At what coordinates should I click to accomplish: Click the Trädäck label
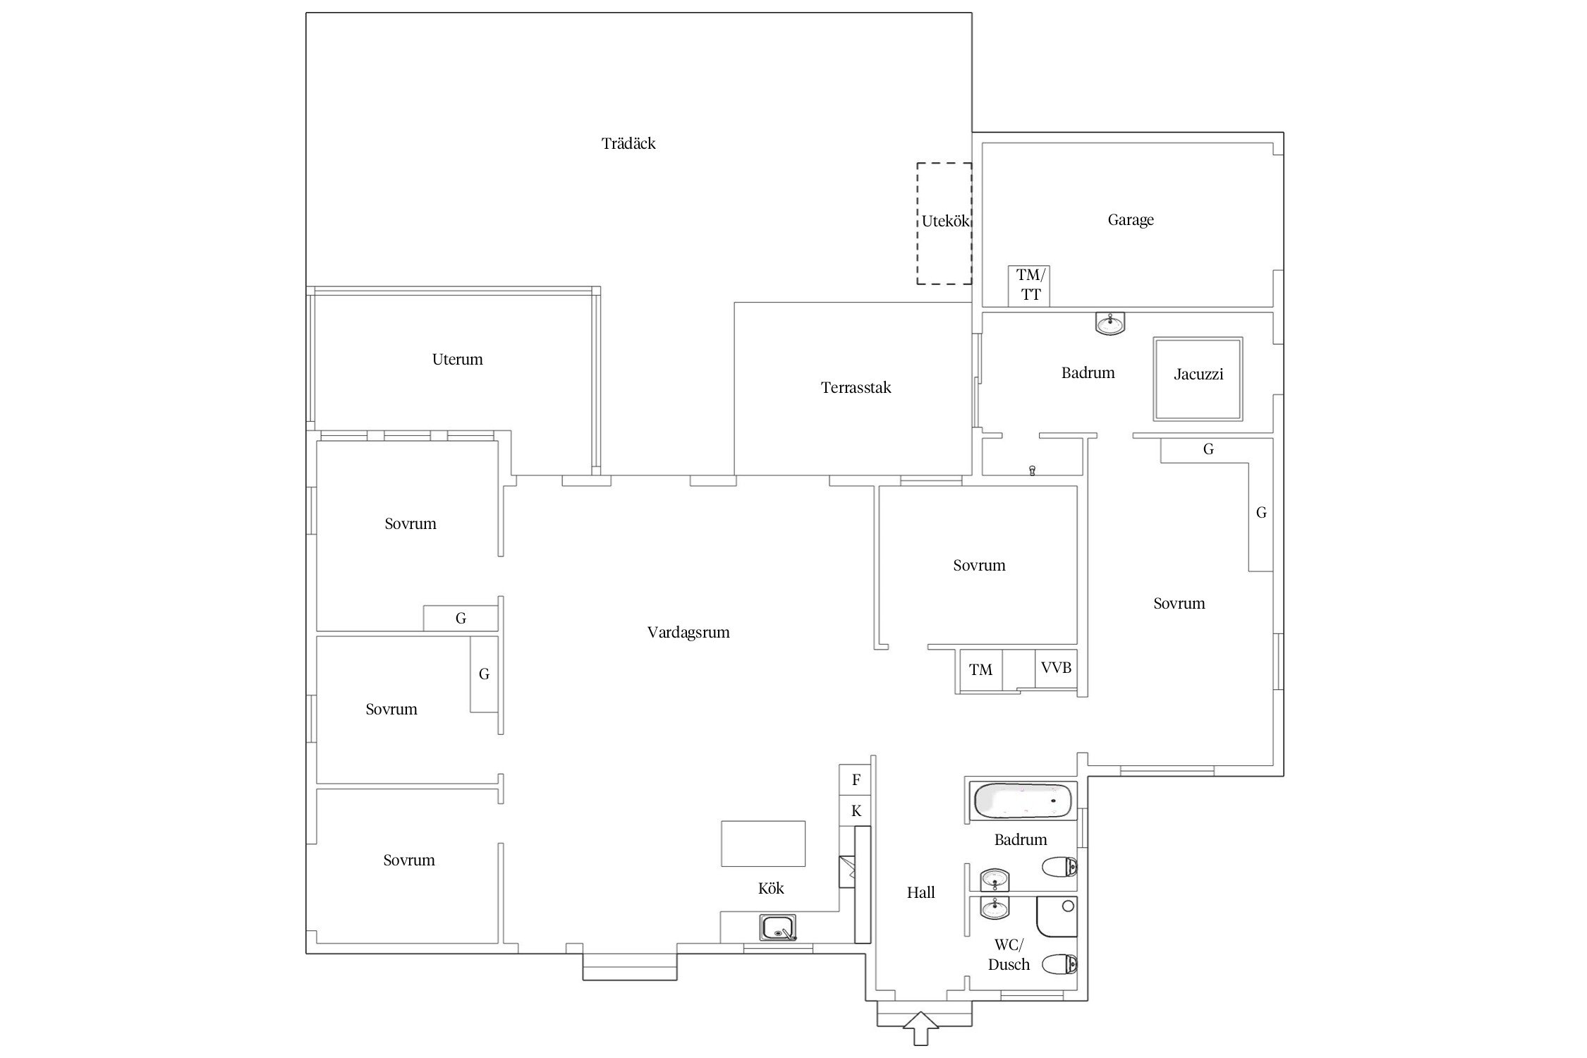click(x=628, y=144)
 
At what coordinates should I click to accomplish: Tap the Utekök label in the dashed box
click(x=946, y=221)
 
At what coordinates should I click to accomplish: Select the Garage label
click(x=1131, y=220)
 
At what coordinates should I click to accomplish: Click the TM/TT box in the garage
click(x=1028, y=286)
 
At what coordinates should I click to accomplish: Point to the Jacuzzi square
click(x=1198, y=379)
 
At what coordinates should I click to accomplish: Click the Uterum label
click(x=458, y=360)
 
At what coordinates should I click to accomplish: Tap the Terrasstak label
click(x=856, y=388)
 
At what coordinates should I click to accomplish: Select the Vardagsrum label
click(x=688, y=633)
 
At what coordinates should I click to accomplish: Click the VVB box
click(x=1056, y=669)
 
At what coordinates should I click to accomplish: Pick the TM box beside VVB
click(x=981, y=670)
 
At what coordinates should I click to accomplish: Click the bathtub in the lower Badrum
click(x=1022, y=801)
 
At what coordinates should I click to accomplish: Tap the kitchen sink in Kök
click(x=778, y=928)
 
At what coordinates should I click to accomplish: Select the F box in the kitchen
click(x=856, y=780)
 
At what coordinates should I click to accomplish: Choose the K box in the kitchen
click(x=856, y=811)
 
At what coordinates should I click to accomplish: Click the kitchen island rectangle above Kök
click(x=763, y=844)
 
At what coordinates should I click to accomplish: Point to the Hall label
click(x=921, y=893)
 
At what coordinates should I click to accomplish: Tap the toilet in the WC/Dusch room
click(x=1060, y=963)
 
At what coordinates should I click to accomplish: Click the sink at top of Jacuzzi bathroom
click(x=1111, y=324)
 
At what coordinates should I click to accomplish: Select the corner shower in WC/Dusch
click(x=1057, y=917)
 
